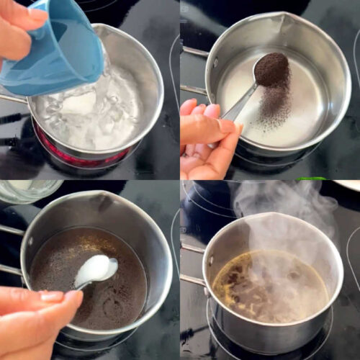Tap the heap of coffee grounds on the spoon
click(x=271, y=69)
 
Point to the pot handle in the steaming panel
click(x=192, y=280)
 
